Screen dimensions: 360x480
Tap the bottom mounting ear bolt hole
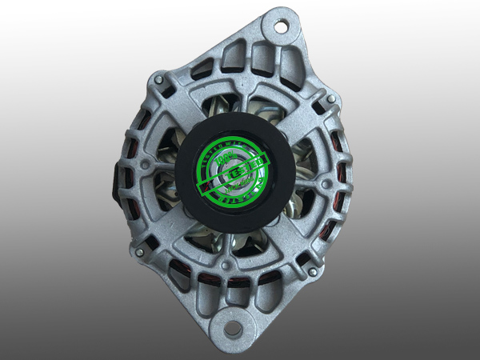point(230,328)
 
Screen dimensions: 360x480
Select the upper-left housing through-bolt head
point(160,81)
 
